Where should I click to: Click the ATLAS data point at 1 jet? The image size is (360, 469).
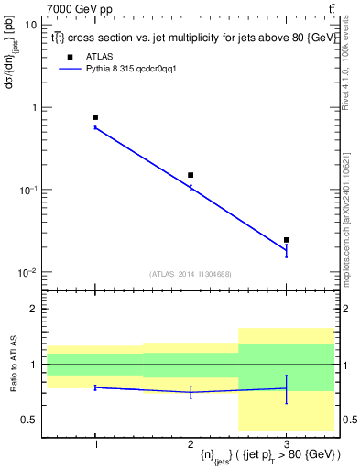click(95, 117)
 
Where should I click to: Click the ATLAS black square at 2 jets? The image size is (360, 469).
click(191, 175)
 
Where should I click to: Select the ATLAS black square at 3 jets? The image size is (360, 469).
click(287, 240)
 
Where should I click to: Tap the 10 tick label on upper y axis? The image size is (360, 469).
click(31, 25)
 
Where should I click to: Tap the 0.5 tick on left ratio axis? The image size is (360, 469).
click(29, 420)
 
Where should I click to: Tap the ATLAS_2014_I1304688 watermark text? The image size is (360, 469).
click(191, 274)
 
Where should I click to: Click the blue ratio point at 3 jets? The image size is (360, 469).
click(287, 388)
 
